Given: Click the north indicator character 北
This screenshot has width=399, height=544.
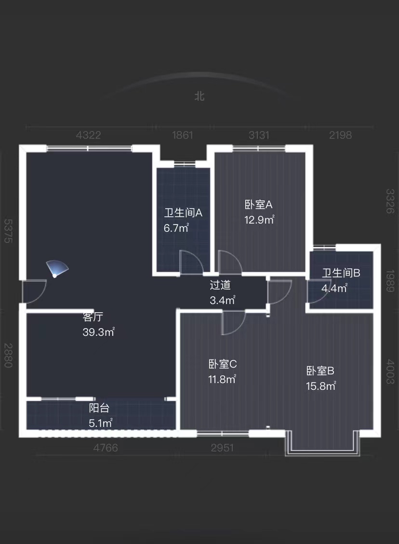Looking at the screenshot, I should (x=199, y=96).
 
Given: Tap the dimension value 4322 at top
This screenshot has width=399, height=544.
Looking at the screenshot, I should (x=89, y=135).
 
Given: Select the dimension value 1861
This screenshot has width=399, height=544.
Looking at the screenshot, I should (x=183, y=135).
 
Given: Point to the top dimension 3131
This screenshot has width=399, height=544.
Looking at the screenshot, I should (x=259, y=135).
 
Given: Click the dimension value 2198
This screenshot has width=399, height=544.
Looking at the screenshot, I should (x=340, y=135).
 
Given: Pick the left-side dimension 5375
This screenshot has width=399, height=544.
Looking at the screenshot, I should (x=8, y=231).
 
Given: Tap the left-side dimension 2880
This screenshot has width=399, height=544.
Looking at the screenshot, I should (x=8, y=355).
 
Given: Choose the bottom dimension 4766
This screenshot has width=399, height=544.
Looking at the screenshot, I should (x=106, y=448).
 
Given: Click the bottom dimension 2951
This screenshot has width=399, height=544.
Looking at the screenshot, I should (x=222, y=448).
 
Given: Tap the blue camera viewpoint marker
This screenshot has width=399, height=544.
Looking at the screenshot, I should (x=57, y=269).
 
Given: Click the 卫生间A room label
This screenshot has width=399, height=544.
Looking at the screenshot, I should (x=183, y=213).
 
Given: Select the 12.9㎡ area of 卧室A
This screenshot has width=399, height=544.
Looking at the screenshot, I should (x=259, y=220).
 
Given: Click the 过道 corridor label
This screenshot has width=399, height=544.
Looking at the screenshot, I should (x=220, y=285).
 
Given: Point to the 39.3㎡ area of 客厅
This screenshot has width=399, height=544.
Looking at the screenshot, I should (x=98, y=332).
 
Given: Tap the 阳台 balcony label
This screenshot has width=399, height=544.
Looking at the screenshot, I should (x=99, y=408).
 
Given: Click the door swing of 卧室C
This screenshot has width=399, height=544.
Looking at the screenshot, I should (x=233, y=322).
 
